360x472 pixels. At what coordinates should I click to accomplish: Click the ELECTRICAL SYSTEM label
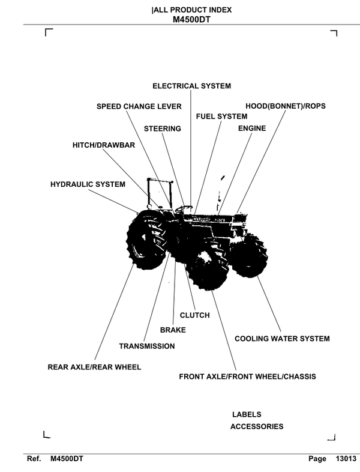pyautogui.click(x=191, y=86)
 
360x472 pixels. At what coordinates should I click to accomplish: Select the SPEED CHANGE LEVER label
pyautogui.click(x=139, y=107)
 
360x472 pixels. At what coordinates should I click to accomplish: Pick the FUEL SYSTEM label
pyautogui.click(x=221, y=116)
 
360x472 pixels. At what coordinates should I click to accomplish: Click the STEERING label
pyautogui.click(x=162, y=129)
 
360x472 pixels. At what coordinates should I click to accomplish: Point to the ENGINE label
pyautogui.click(x=251, y=129)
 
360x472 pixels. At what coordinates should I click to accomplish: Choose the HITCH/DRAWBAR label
pyautogui.click(x=103, y=146)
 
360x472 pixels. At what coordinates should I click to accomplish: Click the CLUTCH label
pyautogui.click(x=195, y=316)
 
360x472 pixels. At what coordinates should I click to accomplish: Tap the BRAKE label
pyautogui.click(x=173, y=330)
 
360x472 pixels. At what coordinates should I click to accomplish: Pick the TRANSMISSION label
pyautogui.click(x=147, y=346)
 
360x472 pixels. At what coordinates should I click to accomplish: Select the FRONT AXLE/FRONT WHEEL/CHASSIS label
pyautogui.click(x=247, y=378)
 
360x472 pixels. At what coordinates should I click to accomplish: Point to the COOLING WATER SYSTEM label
pyautogui.click(x=281, y=339)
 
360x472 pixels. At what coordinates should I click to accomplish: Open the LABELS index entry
pyautogui.click(x=247, y=415)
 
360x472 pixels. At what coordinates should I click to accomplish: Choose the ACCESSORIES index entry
pyautogui.click(x=256, y=427)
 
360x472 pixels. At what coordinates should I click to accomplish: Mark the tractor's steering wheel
pyautogui.click(x=180, y=208)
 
